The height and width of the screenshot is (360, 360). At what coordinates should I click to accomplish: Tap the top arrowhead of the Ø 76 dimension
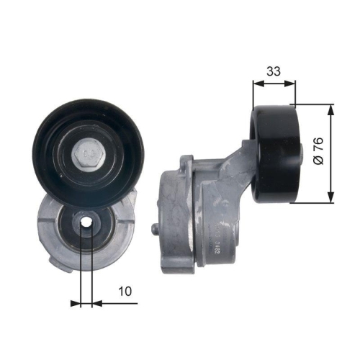pyautogui.click(x=330, y=108)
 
